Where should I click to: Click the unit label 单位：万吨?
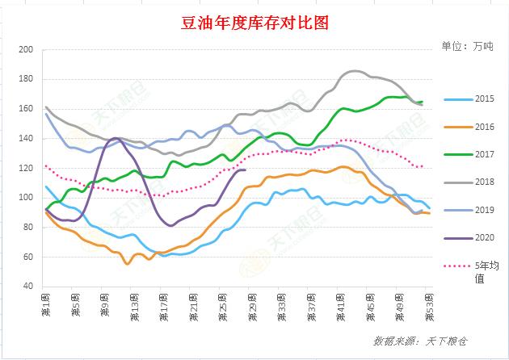pos(467,46)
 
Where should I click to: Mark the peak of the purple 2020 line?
pos(116,139)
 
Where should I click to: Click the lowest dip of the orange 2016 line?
pos(128,263)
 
